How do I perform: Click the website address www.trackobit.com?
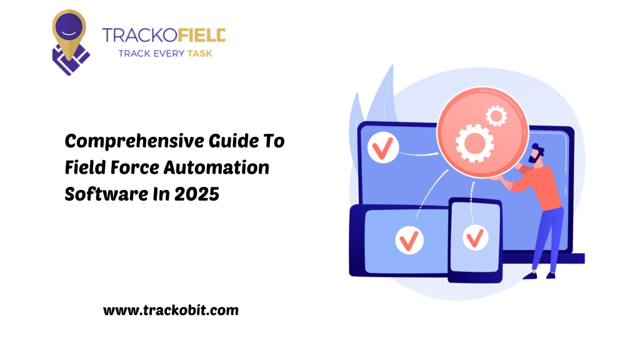[x=170, y=309]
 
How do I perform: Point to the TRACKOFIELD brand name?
[x=164, y=35]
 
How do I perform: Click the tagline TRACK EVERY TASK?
[x=166, y=53]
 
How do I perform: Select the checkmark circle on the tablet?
[x=409, y=240]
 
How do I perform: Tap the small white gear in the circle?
[x=497, y=115]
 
